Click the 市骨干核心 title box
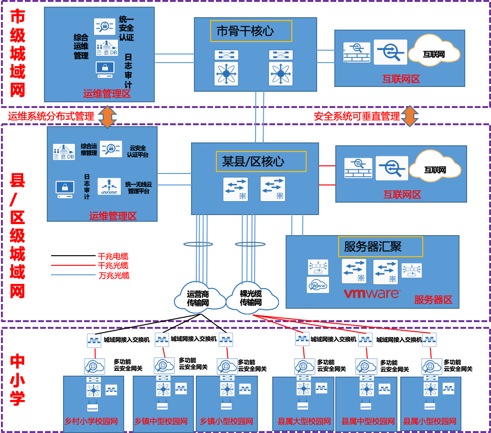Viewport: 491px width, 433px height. pos(251,31)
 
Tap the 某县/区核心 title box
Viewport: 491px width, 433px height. pos(261,162)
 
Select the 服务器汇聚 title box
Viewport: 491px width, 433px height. pos(380,247)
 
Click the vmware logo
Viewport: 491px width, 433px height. pos(372,293)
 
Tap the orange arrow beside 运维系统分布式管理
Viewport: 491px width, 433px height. pos(107,117)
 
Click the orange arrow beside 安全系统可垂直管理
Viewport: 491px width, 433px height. pos(409,116)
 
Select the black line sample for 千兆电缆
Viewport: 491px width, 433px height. pos(73,256)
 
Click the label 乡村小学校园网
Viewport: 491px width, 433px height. pos(91,422)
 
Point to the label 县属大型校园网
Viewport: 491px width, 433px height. pos(304,422)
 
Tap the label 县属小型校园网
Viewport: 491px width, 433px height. pos(429,422)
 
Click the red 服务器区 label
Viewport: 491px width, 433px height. pos(433,300)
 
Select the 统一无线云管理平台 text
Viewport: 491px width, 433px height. pos(139,187)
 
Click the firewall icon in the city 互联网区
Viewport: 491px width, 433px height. pos(356,53)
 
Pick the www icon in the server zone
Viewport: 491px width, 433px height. pos(318,285)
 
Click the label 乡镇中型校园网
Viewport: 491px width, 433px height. pos(160,422)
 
